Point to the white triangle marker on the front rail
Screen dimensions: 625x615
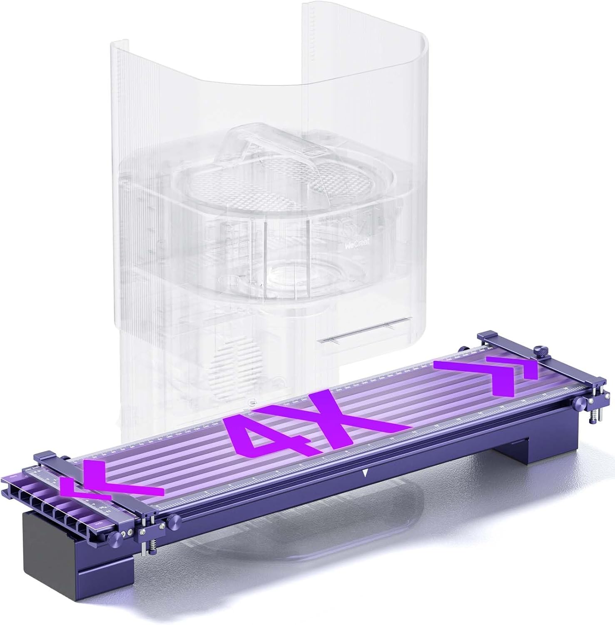(x=365, y=473)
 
